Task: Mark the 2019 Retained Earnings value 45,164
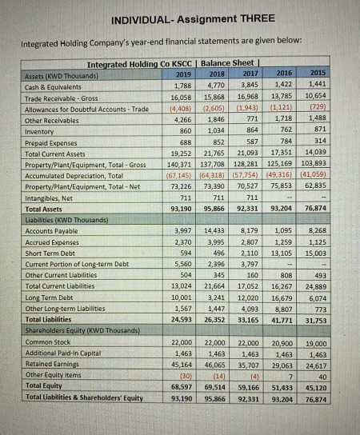[181, 365]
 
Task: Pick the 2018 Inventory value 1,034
[217, 129]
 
